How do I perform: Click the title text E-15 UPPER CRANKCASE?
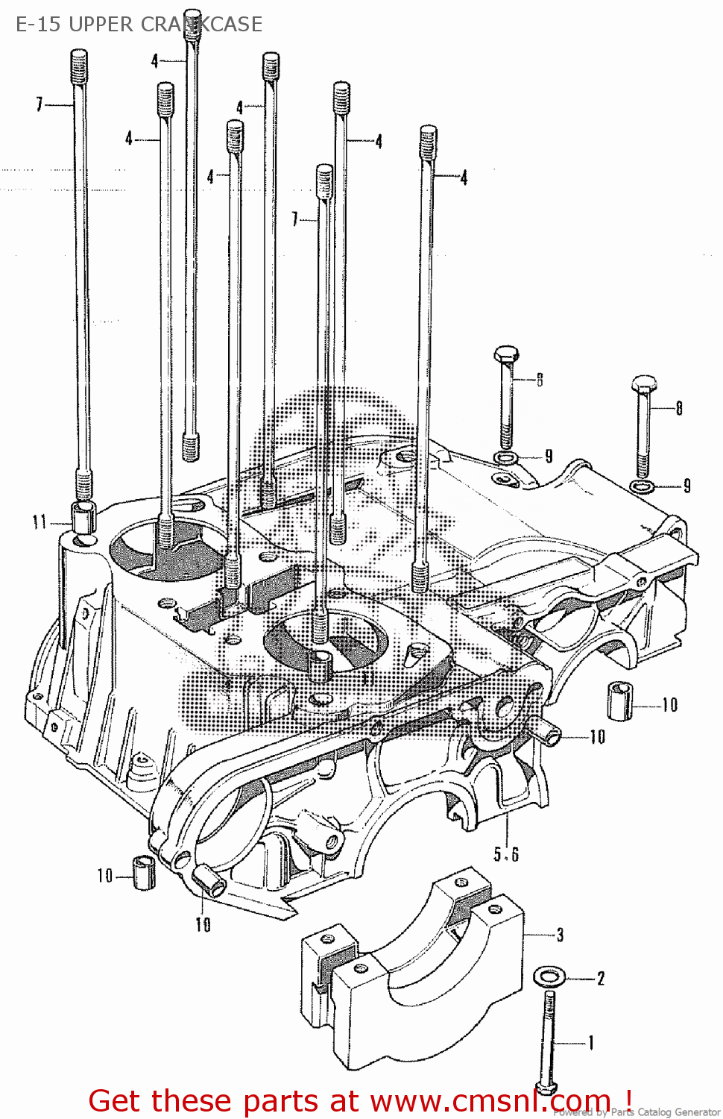pos(139,24)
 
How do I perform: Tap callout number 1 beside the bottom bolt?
pos(591,1042)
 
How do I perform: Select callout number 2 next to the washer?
pos(601,978)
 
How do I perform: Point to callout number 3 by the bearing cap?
pos(560,935)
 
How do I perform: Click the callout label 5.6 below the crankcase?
pos(506,854)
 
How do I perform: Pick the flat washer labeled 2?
pos(549,976)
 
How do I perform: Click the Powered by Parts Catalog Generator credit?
pos(637,1112)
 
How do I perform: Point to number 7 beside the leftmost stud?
pos(40,104)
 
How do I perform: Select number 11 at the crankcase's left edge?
pos(40,522)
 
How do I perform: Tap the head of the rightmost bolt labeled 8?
pos(643,385)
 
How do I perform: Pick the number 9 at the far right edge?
pos(686,486)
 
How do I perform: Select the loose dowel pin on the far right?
pos(619,700)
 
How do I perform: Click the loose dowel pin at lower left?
pos(143,872)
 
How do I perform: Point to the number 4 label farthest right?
pos(464,178)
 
